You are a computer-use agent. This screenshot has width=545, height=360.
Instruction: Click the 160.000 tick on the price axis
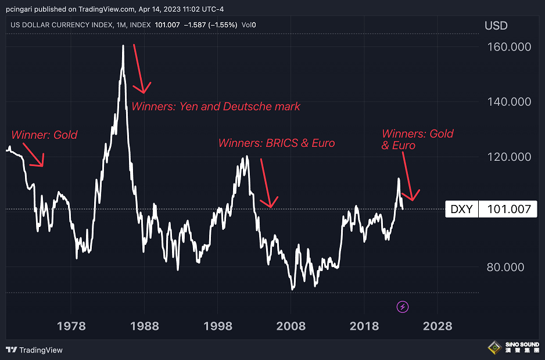(x=508, y=46)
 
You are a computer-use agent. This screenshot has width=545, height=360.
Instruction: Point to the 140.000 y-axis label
(x=508, y=102)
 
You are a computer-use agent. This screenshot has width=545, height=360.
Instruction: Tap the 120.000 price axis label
(x=508, y=157)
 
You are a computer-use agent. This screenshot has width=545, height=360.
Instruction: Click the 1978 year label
(x=71, y=326)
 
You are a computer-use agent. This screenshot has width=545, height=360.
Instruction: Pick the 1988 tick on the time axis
(x=145, y=326)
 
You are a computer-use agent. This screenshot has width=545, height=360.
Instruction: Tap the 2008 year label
(x=291, y=326)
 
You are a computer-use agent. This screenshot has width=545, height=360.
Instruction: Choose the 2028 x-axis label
(x=438, y=326)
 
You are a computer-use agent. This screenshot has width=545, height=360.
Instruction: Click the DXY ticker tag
(x=462, y=209)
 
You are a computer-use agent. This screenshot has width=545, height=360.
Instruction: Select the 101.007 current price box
(x=508, y=209)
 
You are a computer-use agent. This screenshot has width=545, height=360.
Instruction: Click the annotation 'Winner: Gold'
(x=44, y=135)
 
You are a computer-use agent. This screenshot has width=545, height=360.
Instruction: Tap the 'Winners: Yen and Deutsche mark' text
(x=216, y=106)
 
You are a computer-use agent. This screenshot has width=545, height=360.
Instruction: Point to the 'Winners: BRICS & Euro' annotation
(x=277, y=143)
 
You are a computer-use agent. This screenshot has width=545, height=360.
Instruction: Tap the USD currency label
(x=496, y=26)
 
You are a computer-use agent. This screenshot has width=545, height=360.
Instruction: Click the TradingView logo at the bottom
(x=34, y=350)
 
